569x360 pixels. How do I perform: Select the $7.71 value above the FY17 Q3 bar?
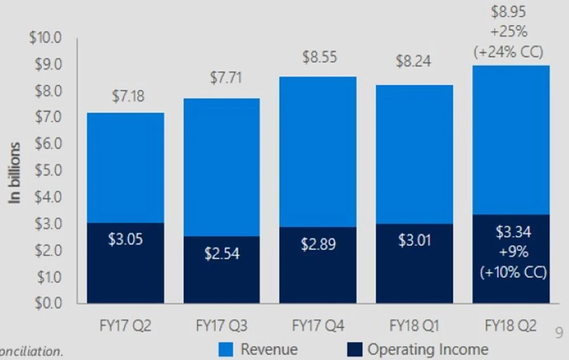tap(226, 78)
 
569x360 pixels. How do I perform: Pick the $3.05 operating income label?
tap(125, 239)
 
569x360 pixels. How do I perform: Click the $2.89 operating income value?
tap(318, 245)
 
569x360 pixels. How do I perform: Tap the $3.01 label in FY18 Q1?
tap(415, 240)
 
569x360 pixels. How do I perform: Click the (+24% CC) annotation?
tap(508, 52)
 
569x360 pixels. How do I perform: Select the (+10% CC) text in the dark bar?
tap(513, 272)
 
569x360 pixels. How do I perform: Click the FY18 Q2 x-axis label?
tap(511, 326)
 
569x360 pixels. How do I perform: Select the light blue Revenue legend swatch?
tap(226, 349)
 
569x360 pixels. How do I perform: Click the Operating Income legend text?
tap(428, 349)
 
